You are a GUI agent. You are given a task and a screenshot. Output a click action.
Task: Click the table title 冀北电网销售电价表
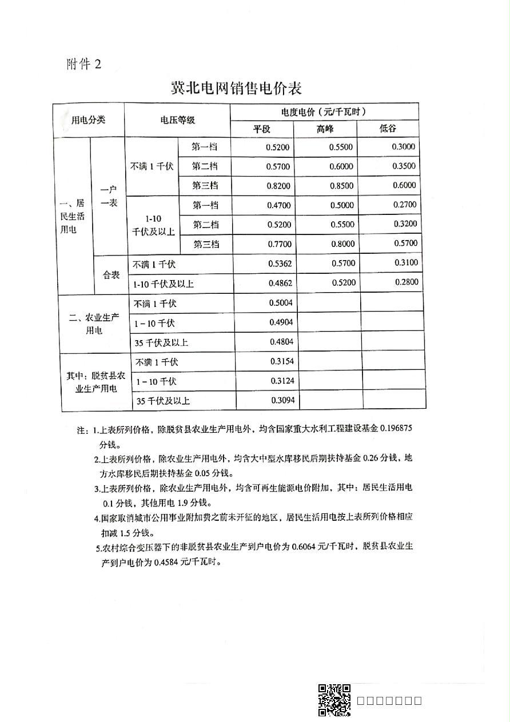tap(236, 88)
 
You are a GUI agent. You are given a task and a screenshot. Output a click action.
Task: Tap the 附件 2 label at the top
tap(83, 64)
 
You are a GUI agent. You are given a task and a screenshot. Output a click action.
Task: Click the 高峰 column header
tap(325, 129)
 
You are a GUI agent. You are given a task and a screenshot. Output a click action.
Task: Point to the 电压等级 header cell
tap(177, 120)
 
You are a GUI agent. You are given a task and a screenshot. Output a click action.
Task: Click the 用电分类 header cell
tap(88, 120)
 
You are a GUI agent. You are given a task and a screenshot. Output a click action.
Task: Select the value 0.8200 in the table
tap(278, 186)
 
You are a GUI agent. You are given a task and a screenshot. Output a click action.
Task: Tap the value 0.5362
tap(280, 264)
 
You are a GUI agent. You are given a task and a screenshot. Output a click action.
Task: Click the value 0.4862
tap(280, 283)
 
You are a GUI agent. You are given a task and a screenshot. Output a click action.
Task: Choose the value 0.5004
tap(281, 303)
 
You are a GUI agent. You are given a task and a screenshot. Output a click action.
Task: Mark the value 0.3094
tap(282, 400)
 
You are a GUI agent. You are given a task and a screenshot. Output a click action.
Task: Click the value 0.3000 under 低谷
tap(404, 146)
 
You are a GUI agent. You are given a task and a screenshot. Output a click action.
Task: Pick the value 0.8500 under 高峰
tap(342, 185)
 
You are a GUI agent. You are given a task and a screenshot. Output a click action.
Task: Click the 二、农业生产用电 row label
tap(94, 324)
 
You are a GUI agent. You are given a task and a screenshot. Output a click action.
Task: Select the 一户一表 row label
tap(108, 196)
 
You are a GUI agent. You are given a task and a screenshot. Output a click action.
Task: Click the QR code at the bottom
tap(334, 700)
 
